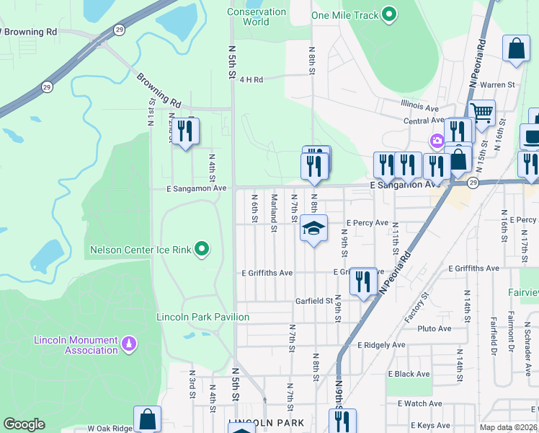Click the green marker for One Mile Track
(x=389, y=14)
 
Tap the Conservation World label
(x=257, y=17)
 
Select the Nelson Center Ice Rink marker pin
(x=202, y=250)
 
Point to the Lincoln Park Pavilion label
(x=203, y=317)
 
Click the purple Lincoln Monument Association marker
(x=130, y=344)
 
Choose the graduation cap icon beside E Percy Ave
(x=313, y=228)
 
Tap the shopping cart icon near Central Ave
(x=481, y=112)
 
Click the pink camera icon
(x=436, y=140)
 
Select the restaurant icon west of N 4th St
(x=186, y=131)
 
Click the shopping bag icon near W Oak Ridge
(x=147, y=419)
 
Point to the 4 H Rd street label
(x=252, y=79)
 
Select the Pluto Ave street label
(x=434, y=328)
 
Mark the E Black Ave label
(x=409, y=374)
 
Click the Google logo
(x=24, y=424)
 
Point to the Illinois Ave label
(x=422, y=108)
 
